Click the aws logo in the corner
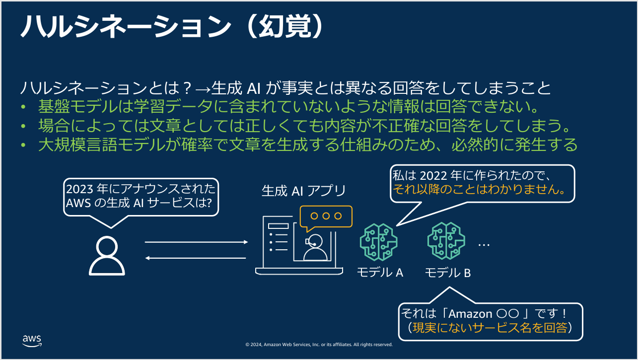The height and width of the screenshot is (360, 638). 32,340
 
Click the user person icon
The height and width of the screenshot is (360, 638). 107,255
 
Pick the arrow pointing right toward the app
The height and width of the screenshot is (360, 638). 196,242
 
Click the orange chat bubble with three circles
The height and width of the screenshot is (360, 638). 326,217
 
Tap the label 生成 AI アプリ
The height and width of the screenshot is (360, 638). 303,191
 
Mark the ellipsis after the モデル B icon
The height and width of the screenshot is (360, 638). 484,245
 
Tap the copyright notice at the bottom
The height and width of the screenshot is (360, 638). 319,344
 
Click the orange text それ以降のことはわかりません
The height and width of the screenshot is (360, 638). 480,190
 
